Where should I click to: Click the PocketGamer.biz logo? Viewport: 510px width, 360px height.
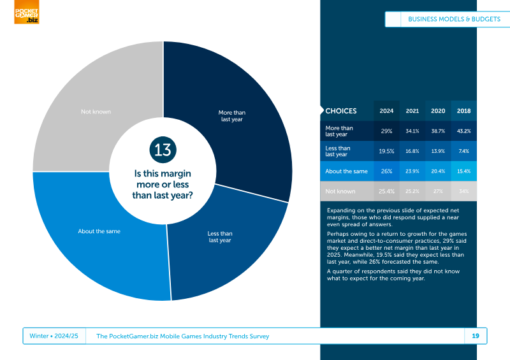click(x=27, y=11)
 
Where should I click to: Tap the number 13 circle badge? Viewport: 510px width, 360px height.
click(x=163, y=150)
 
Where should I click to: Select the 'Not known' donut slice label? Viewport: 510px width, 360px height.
click(x=96, y=112)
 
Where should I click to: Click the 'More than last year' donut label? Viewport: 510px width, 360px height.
click(x=232, y=116)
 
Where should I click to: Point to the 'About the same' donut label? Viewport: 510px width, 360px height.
click(x=99, y=231)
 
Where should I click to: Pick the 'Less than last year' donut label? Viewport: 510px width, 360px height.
click(x=220, y=237)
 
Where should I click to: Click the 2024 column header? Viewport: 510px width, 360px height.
click(x=386, y=111)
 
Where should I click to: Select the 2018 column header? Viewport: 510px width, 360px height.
click(x=464, y=111)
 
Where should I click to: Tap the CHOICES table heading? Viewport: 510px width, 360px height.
click(x=341, y=111)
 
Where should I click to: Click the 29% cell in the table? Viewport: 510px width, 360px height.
click(x=386, y=131)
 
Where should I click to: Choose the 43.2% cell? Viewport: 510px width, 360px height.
click(x=464, y=131)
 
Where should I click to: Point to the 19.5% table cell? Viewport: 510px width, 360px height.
click(x=386, y=151)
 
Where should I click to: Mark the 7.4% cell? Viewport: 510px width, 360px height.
click(x=464, y=151)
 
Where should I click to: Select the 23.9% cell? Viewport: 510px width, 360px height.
click(x=412, y=171)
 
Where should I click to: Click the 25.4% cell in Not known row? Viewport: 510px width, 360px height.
click(x=386, y=192)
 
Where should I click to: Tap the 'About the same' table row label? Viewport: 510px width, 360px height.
click(x=346, y=171)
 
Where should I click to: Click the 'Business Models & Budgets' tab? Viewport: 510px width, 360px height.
click(x=454, y=19)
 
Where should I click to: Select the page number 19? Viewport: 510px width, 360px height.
click(x=476, y=336)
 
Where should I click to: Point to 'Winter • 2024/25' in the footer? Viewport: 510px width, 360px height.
click(x=54, y=336)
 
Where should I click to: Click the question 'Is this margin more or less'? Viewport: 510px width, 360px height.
click(x=163, y=179)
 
